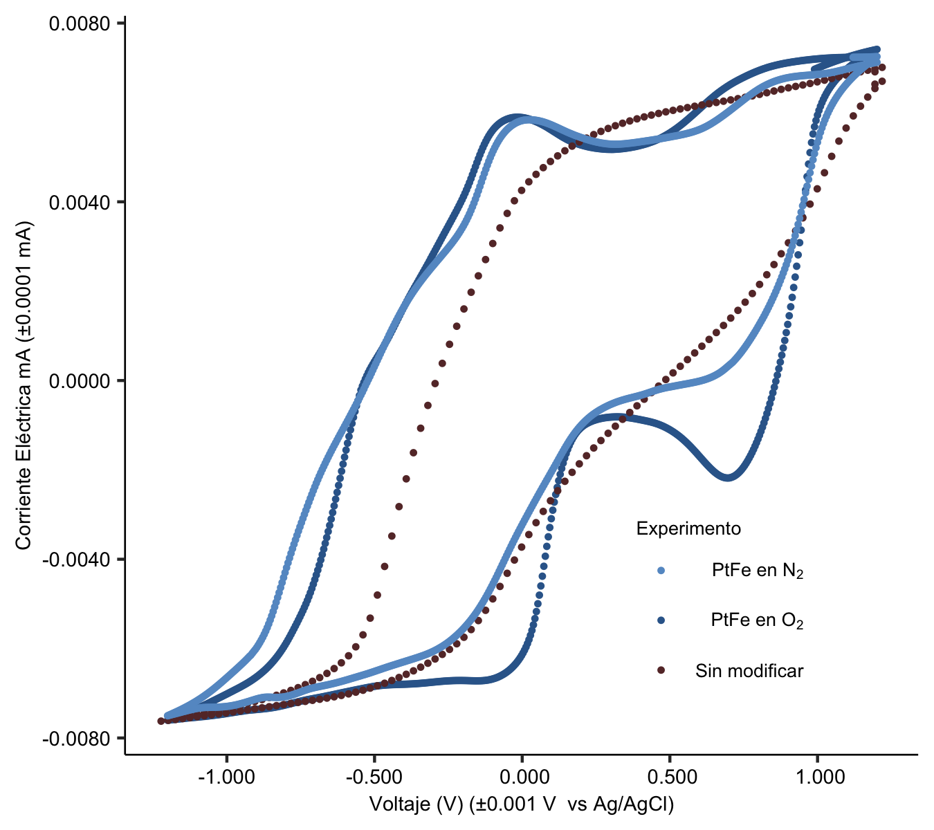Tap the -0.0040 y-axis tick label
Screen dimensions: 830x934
(x=80, y=559)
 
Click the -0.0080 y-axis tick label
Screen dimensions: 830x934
(x=80, y=738)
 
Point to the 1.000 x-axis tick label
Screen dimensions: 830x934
(x=818, y=777)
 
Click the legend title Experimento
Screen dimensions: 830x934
(x=688, y=529)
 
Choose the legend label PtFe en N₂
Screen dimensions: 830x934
(x=758, y=571)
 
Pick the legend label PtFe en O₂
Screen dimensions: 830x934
(x=757, y=620)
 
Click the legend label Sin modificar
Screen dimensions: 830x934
(x=749, y=671)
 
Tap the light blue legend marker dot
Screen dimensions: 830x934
(x=661, y=571)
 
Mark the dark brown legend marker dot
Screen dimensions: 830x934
(x=661, y=670)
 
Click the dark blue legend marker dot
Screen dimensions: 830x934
(x=661, y=620)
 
